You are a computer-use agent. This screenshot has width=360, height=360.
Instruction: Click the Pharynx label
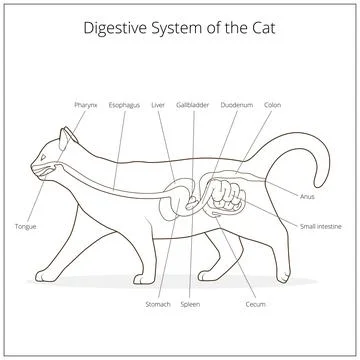click(x=84, y=104)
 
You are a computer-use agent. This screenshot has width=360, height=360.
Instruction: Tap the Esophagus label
click(x=125, y=104)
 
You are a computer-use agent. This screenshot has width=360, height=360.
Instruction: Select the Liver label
click(x=158, y=104)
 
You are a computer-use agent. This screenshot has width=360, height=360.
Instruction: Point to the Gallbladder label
click(x=191, y=104)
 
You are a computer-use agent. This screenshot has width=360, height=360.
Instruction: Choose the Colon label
click(x=272, y=104)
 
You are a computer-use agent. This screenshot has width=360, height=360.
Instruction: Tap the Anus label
click(x=307, y=197)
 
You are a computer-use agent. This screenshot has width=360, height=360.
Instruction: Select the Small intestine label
click(x=321, y=227)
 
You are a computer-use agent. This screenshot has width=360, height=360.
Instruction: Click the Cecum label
click(x=255, y=303)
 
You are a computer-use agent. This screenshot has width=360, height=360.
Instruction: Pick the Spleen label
click(x=190, y=303)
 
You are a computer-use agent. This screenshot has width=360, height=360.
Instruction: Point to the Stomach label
click(x=158, y=303)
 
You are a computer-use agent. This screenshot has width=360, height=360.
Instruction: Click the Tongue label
click(x=26, y=227)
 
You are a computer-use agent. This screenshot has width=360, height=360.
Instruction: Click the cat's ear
click(x=65, y=135)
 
